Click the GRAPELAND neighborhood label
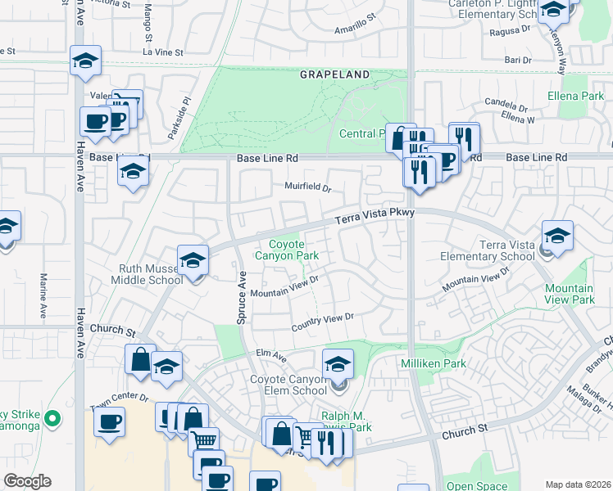(x=334, y=74)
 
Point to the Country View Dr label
(x=324, y=322)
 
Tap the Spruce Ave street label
(x=242, y=298)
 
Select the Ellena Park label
(x=575, y=97)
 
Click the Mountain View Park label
(x=570, y=294)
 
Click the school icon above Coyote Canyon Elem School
(x=338, y=364)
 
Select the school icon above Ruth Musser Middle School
(x=193, y=260)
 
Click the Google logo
(x=27, y=481)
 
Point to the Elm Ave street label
(x=270, y=358)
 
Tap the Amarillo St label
(x=355, y=34)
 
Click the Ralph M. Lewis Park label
(x=347, y=421)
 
